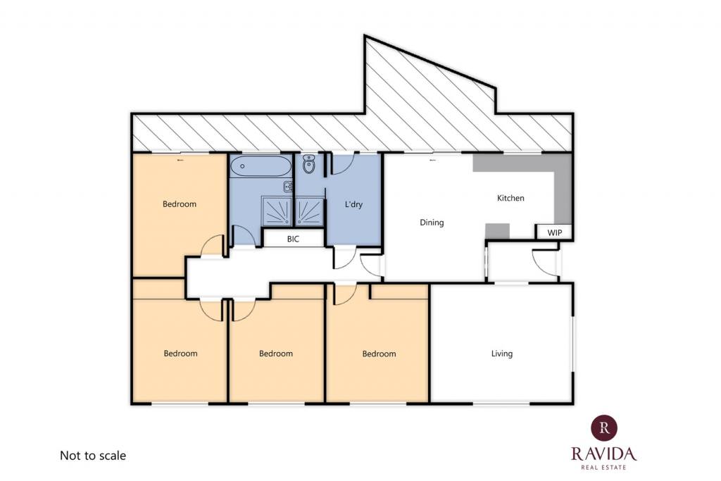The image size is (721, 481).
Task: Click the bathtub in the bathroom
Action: [261, 166]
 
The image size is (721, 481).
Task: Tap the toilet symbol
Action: [309, 164]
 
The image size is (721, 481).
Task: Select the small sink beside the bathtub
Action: [288, 187]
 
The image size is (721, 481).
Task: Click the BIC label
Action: [293, 239]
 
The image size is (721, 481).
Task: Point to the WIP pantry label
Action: [555, 232]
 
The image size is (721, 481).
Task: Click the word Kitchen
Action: [510, 198]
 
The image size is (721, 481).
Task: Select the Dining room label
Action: [432, 223]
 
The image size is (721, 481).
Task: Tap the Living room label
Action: [501, 354]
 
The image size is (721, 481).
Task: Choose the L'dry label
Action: [353, 204]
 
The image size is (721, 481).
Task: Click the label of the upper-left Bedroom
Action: [180, 204]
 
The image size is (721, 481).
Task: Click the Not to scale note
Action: [93, 456]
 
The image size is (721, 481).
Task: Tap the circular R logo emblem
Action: [604, 427]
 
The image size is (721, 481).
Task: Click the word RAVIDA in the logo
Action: [603, 454]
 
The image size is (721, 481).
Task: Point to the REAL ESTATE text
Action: [603, 467]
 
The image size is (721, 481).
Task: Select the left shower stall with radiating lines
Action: [277, 211]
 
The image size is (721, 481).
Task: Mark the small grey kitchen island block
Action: [498, 231]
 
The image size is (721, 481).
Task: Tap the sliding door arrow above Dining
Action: [432, 160]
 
